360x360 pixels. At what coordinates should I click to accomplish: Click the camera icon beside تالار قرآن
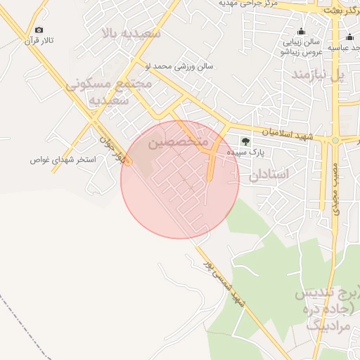[x=39, y=30]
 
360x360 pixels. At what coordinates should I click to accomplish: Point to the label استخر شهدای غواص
[x=72, y=160]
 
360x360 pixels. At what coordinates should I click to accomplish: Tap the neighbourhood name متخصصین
[x=179, y=143]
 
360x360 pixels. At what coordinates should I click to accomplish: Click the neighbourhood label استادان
[x=269, y=174]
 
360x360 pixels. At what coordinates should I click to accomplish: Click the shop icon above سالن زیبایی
[x=301, y=31]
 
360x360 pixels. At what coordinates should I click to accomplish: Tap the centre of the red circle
[x=180, y=179]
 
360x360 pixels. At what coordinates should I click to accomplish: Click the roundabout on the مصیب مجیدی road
[x=335, y=140]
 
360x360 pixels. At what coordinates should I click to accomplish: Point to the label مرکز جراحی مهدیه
[x=249, y=4]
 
